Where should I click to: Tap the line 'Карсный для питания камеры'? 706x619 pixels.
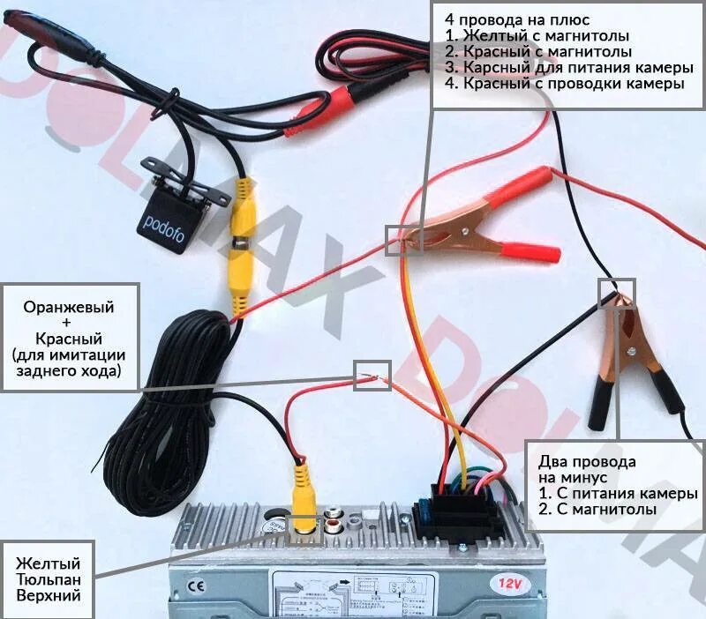[561, 68]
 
